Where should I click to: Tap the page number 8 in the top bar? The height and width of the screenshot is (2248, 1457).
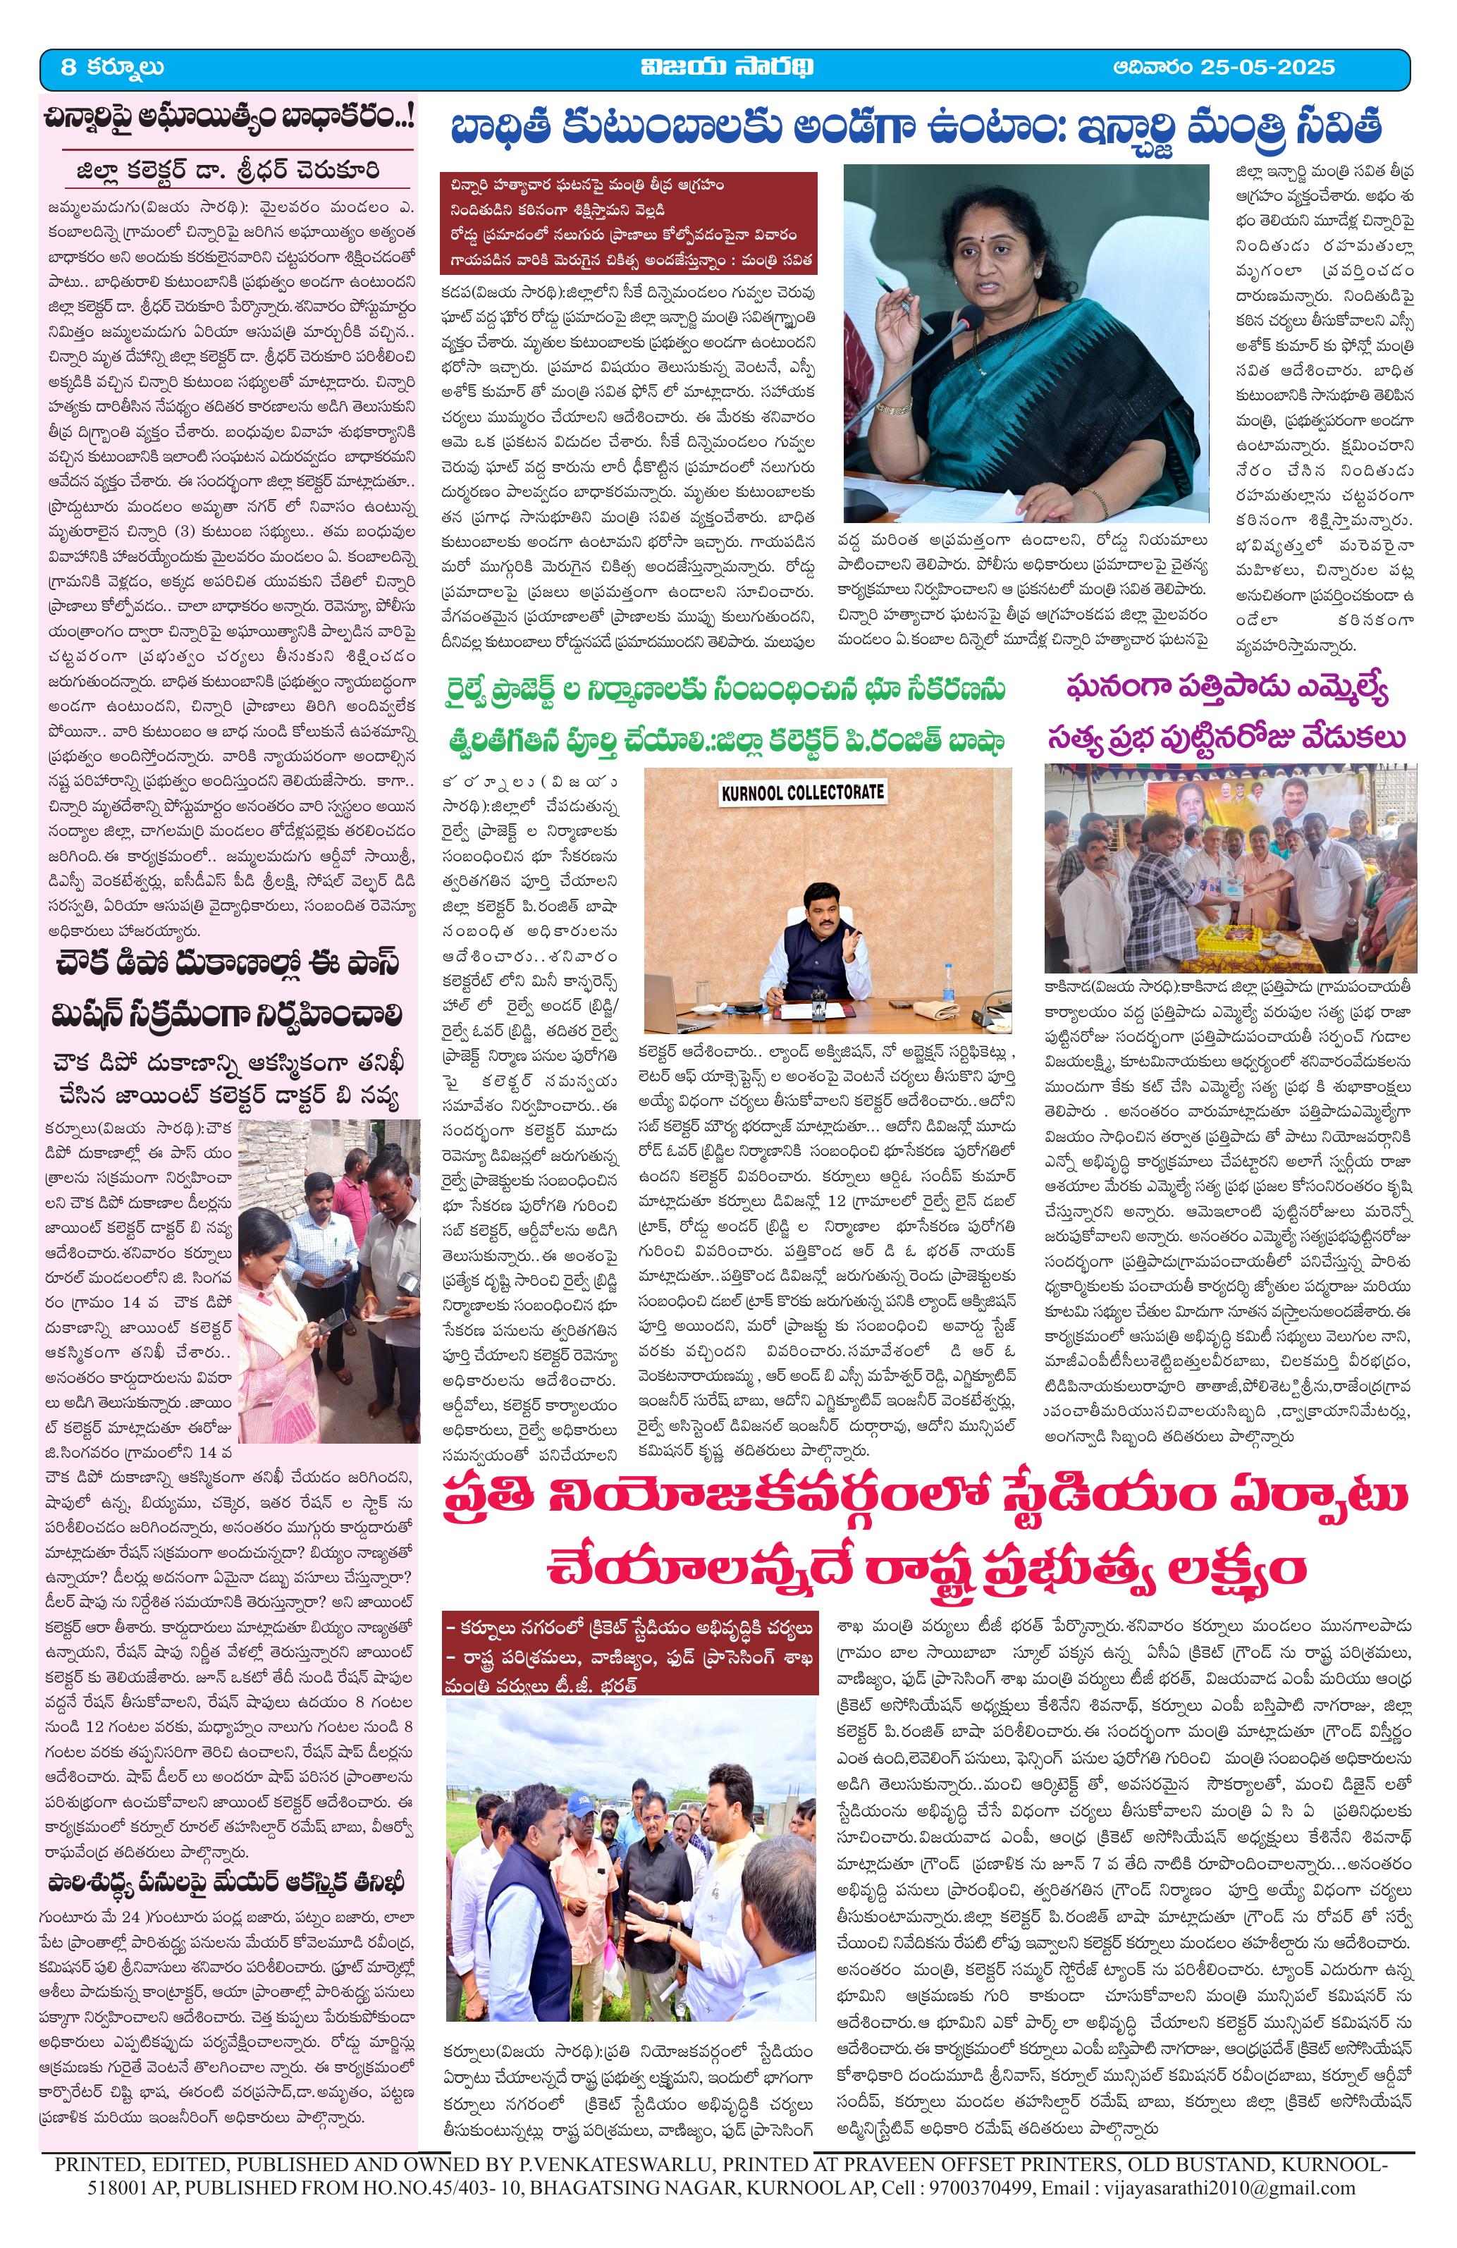tap(67, 67)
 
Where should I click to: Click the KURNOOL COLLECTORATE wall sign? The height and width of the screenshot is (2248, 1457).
tap(803, 792)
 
